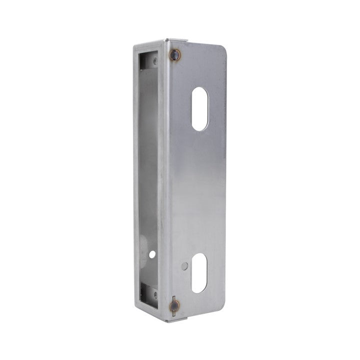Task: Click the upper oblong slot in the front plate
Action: [x=199, y=109]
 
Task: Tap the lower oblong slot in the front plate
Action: [x=199, y=273]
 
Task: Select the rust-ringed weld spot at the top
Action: [x=174, y=55]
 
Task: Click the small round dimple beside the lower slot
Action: [x=184, y=266]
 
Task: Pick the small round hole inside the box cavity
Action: [x=152, y=254]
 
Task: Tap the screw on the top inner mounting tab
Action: [x=154, y=61]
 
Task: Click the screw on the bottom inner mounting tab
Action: [x=155, y=295]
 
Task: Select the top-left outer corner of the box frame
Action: [x=135, y=45]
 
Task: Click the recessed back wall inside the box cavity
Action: [x=149, y=175]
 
